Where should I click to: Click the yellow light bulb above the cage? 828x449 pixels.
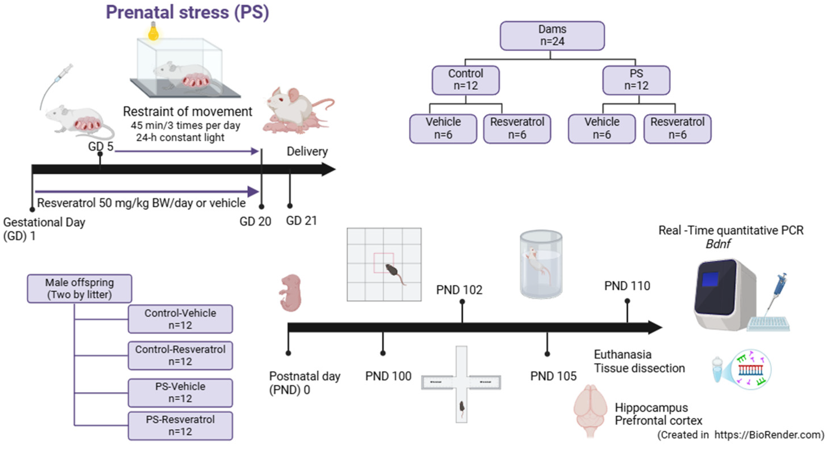pos(153,32)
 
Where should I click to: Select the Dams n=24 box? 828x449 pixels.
pos(552,36)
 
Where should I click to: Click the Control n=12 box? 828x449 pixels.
pos(465,80)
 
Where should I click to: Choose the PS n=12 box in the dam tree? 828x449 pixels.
pos(636,80)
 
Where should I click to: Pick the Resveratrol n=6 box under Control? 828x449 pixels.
pos(517,128)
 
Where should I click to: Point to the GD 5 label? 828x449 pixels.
pos(101,146)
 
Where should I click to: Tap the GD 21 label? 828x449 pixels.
pos(301,221)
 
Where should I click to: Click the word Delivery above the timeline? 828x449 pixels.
pos(307,151)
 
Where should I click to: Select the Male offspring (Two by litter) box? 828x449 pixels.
pos(79,288)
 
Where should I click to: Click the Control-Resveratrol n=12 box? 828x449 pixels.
pos(180,356)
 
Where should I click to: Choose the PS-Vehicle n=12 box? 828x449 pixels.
pos(180,392)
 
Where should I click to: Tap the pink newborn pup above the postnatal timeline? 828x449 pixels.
pos(291,293)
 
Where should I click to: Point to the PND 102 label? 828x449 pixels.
pos(459,290)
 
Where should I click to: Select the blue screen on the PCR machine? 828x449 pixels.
pos(710,279)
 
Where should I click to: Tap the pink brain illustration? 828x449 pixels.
pos(590,410)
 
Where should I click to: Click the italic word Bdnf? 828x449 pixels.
pos(717,244)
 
